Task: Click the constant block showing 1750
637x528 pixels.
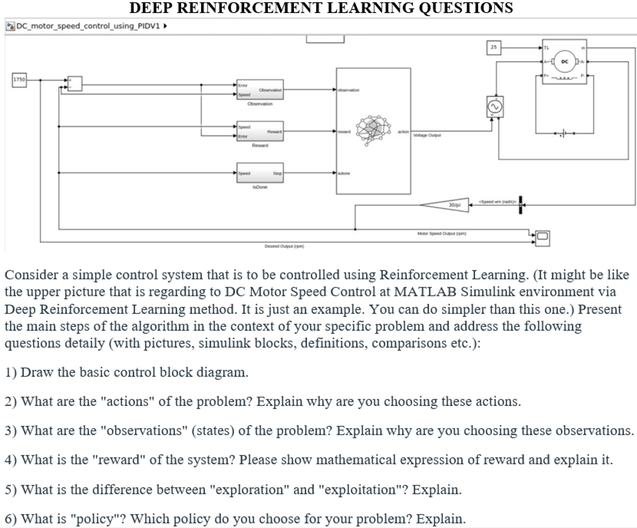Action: tap(19, 79)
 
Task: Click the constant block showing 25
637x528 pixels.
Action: tap(495, 48)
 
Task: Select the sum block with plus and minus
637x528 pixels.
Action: tap(74, 82)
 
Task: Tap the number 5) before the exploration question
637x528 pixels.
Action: tap(12, 489)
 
